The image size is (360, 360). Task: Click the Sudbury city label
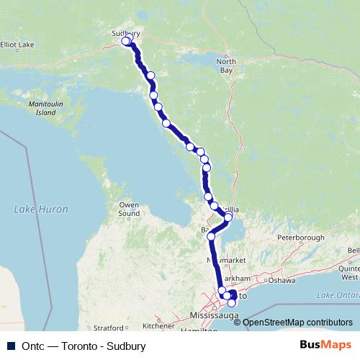coord(126,32)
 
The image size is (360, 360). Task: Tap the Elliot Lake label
coord(17,45)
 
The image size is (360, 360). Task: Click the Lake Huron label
coord(41,210)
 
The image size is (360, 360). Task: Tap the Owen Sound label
coord(129,209)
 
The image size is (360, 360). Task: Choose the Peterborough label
coord(301,237)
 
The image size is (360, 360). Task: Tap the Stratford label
coord(109,328)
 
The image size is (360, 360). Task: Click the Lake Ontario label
coord(336,296)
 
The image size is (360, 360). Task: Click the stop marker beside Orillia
coord(228,217)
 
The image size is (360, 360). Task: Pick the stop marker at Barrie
coord(211,235)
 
